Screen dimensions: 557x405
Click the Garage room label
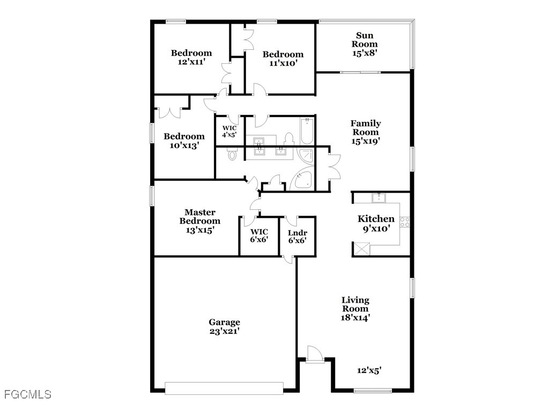coord(224,322)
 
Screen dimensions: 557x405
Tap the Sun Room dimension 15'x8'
coord(365,53)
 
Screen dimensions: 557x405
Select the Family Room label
coord(366,128)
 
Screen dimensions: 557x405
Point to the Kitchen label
coord(376,219)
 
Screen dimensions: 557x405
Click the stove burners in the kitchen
coord(405,222)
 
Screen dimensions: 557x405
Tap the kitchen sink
coord(378,198)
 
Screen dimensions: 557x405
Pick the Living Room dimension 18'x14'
coord(355,318)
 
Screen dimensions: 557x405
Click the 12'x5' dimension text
coord(369,371)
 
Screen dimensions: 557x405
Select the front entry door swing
coord(315,354)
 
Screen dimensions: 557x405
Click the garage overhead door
coord(224,388)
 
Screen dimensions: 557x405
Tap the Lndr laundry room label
coord(298,233)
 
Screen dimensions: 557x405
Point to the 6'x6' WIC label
coord(259,235)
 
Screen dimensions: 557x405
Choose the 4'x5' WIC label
coord(229,131)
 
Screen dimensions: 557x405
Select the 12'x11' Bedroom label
coord(191,57)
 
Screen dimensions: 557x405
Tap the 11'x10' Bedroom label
coord(283,58)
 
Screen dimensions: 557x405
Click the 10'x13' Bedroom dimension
coord(184,145)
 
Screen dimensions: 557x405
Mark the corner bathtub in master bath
coord(302,181)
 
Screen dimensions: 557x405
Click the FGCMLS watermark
coord(28,394)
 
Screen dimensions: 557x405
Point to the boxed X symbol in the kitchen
coord(362,249)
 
